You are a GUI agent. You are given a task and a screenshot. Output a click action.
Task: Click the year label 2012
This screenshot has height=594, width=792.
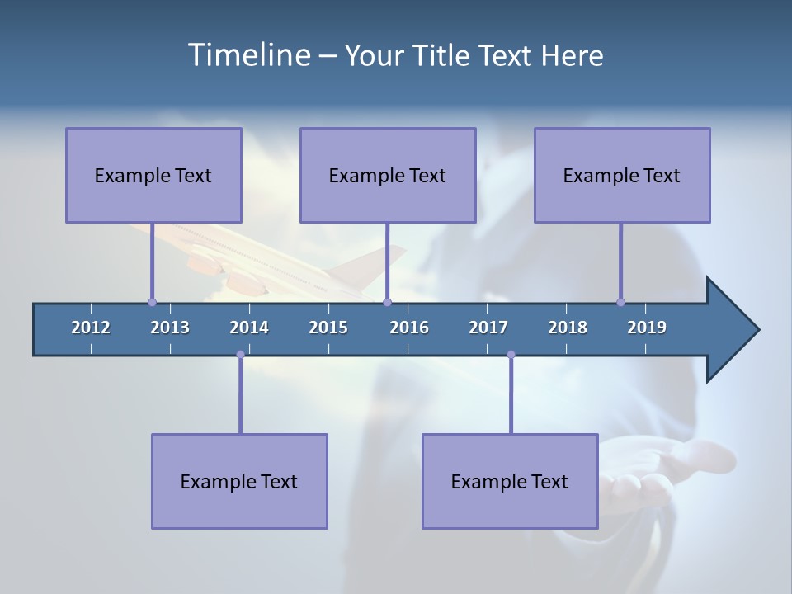tap(91, 328)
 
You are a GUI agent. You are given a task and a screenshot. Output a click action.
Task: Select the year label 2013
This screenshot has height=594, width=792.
tap(170, 328)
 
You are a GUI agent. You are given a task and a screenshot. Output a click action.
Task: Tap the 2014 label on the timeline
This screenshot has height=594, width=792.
tap(249, 328)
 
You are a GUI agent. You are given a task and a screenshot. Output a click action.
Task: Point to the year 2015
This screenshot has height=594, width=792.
tap(328, 328)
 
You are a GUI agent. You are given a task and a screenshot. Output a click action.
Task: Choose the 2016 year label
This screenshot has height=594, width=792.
tap(409, 328)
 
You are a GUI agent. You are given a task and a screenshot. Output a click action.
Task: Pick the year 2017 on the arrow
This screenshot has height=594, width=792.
tap(488, 328)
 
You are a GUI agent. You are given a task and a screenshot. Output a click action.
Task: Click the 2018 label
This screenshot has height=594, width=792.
tap(568, 328)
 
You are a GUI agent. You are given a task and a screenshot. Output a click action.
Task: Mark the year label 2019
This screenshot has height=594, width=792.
tap(647, 328)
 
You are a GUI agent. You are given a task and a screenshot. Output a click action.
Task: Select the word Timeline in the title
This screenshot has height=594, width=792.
tap(248, 55)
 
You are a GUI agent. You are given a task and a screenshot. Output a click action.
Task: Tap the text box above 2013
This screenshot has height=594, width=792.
tap(153, 175)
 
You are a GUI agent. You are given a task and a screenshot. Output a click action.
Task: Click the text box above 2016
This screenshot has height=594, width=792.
tap(388, 175)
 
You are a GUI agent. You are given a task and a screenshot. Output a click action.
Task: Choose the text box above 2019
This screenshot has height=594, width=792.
tap(622, 175)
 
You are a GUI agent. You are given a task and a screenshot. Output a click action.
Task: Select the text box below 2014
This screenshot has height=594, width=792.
tap(239, 481)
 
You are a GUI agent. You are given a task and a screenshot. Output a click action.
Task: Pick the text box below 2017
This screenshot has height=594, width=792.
tap(510, 481)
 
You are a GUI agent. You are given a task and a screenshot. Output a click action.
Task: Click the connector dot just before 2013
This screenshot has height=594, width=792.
tap(152, 302)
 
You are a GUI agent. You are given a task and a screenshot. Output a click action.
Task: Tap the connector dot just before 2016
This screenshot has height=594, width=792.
tap(387, 302)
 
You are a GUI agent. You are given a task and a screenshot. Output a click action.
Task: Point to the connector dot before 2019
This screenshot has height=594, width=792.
tap(620, 302)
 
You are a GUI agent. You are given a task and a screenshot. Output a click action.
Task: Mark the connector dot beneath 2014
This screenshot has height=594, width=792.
tap(240, 355)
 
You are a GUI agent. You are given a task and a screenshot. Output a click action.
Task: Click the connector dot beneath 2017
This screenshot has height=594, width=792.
tap(511, 355)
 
